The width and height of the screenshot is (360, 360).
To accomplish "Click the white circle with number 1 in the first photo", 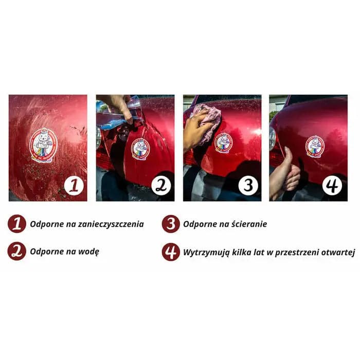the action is click(x=74, y=186).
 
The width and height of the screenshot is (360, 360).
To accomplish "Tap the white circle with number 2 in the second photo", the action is click(x=161, y=186).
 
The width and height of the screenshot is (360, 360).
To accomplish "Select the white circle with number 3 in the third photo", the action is click(x=248, y=186).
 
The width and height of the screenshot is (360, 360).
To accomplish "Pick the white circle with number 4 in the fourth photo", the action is click(x=332, y=186).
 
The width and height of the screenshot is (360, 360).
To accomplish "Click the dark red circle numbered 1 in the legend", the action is click(x=17, y=224).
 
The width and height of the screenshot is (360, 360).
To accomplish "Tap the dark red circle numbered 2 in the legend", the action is click(x=17, y=251).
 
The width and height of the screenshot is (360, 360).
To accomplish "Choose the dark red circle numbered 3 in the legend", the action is click(x=171, y=224).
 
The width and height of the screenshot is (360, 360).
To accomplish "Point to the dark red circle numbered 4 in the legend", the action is click(x=171, y=252).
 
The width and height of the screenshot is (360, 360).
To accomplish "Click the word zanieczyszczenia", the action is click(x=111, y=224).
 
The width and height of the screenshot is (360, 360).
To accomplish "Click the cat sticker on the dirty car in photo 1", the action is click(x=43, y=145).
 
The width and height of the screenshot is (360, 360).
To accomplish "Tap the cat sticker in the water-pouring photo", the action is click(x=140, y=149).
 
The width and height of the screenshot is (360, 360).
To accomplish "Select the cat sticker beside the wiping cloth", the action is click(x=223, y=142).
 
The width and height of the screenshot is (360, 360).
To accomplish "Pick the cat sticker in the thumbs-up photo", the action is click(x=315, y=147).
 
